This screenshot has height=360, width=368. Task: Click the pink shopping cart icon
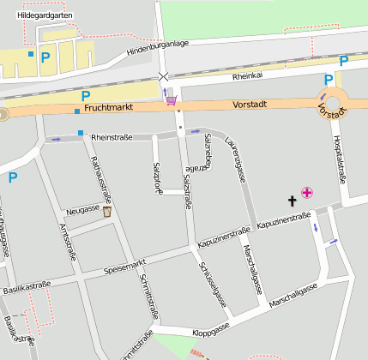pos(172,100)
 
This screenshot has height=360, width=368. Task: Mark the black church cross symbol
pos(291,201)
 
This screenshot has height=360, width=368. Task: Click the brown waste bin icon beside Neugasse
pos(107,211)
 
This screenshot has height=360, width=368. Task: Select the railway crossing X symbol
pos(164,77)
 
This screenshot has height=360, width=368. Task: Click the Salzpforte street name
pos(156,177)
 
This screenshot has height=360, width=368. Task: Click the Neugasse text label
pos(82,209)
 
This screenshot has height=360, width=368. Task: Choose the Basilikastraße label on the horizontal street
pos(26,285)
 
